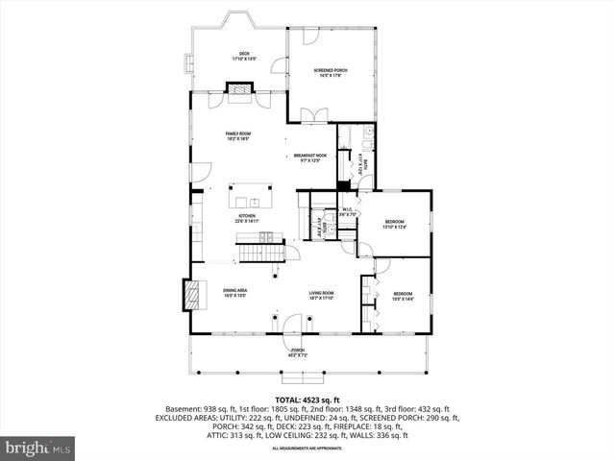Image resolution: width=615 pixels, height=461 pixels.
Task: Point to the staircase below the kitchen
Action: pyautogui.click(x=261, y=253)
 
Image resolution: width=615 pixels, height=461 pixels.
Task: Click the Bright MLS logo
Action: pyautogui.click(x=38, y=448)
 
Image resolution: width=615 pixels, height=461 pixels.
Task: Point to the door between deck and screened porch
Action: pyautogui.click(x=282, y=65)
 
